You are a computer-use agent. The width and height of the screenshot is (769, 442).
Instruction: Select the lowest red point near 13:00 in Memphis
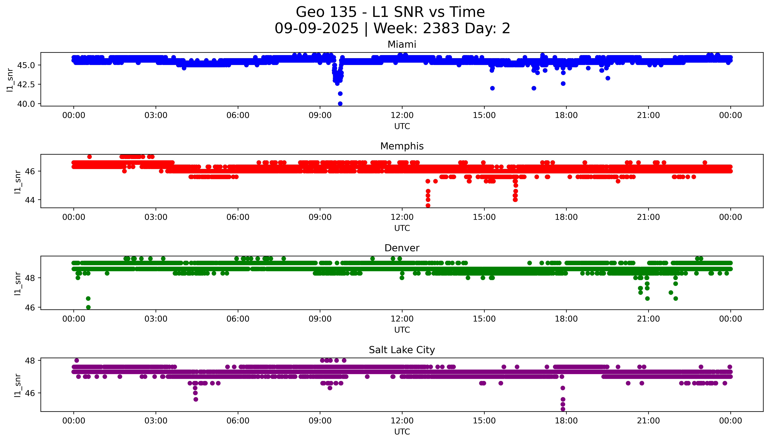(428, 205)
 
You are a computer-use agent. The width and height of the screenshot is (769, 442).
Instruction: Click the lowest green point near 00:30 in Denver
(88, 307)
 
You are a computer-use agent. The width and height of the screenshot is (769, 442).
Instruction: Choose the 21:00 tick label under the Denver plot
(648, 319)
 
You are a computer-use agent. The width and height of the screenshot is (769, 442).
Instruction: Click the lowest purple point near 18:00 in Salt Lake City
(563, 409)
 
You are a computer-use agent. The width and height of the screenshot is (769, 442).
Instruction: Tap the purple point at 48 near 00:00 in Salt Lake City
(77, 360)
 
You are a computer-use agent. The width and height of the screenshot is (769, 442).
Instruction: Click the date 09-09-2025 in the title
(316, 29)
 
